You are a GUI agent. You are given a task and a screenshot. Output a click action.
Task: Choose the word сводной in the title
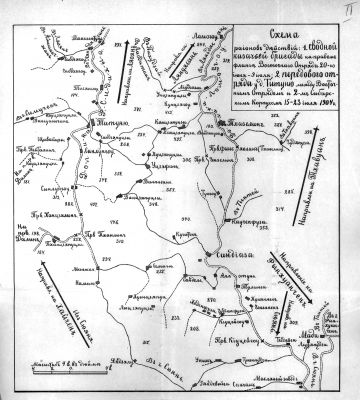[309, 45]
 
